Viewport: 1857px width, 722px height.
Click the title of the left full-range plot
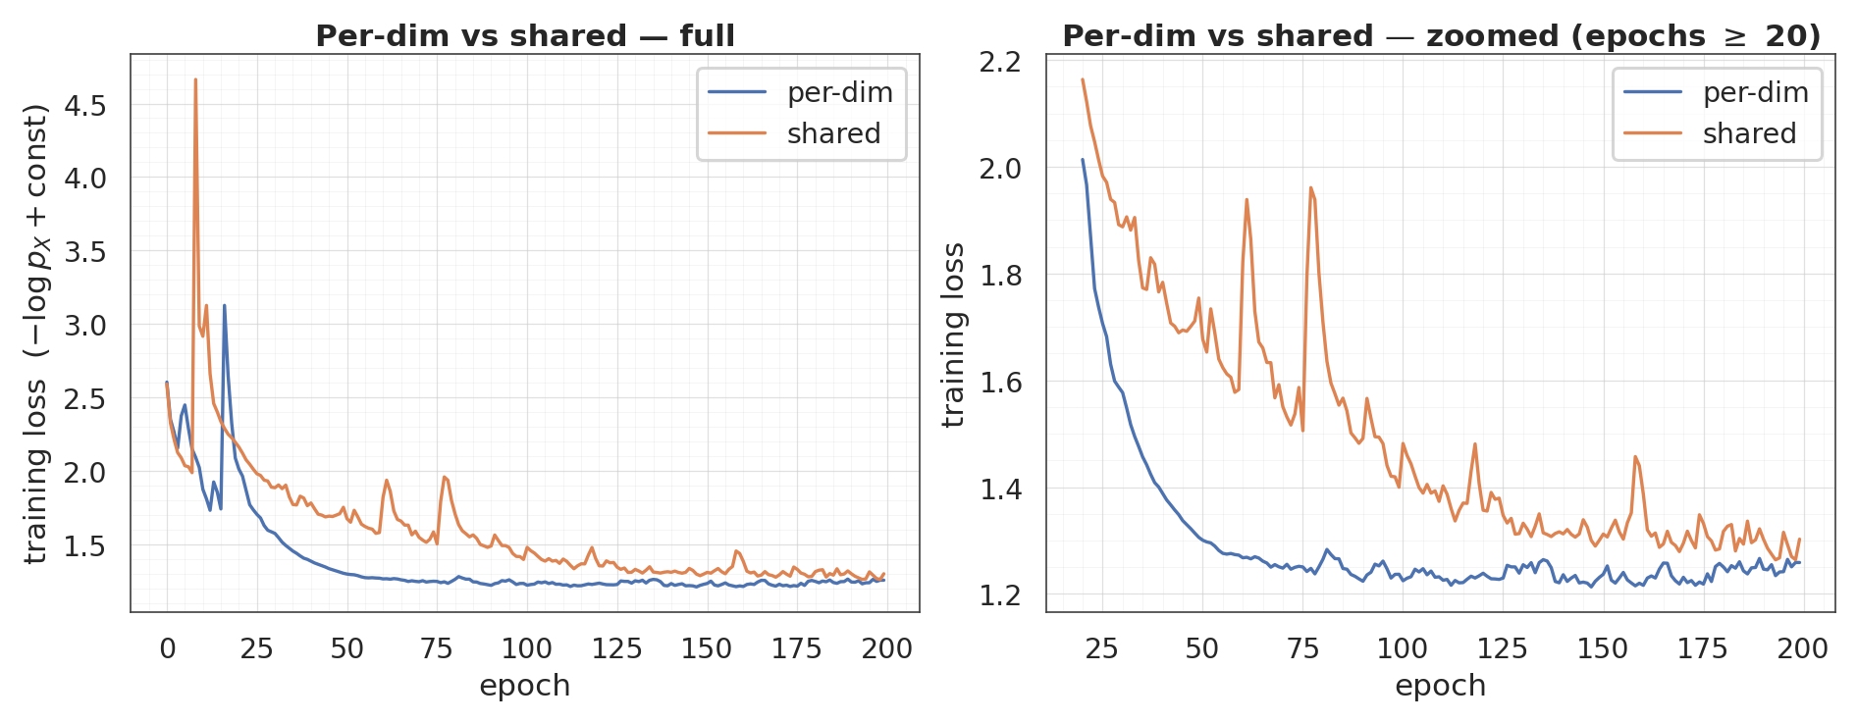[524, 36]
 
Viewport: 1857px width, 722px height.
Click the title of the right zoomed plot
[1440, 36]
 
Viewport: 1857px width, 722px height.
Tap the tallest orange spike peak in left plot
[195, 80]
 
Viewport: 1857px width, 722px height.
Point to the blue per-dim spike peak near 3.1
[224, 306]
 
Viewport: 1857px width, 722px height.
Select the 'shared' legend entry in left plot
[833, 133]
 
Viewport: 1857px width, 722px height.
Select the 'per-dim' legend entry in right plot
[1755, 93]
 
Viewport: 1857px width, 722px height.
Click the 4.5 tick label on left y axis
[84, 106]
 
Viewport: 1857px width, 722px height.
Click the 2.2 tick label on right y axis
[1000, 62]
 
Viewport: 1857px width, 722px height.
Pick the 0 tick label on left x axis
[167, 648]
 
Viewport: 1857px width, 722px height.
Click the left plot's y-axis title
[36, 334]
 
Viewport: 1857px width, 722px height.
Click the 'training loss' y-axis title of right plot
[953, 335]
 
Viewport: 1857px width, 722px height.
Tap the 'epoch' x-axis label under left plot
[524, 686]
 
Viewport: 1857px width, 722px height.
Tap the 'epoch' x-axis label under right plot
[1440, 686]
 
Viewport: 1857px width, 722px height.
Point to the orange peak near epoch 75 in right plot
[1310, 188]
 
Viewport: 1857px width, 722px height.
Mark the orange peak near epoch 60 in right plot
[1247, 200]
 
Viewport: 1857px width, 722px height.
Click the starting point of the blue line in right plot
[1083, 160]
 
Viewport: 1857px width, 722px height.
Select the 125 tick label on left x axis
[616, 648]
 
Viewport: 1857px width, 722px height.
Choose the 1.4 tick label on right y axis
[1000, 489]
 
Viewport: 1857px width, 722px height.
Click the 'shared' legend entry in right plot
[1749, 133]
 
